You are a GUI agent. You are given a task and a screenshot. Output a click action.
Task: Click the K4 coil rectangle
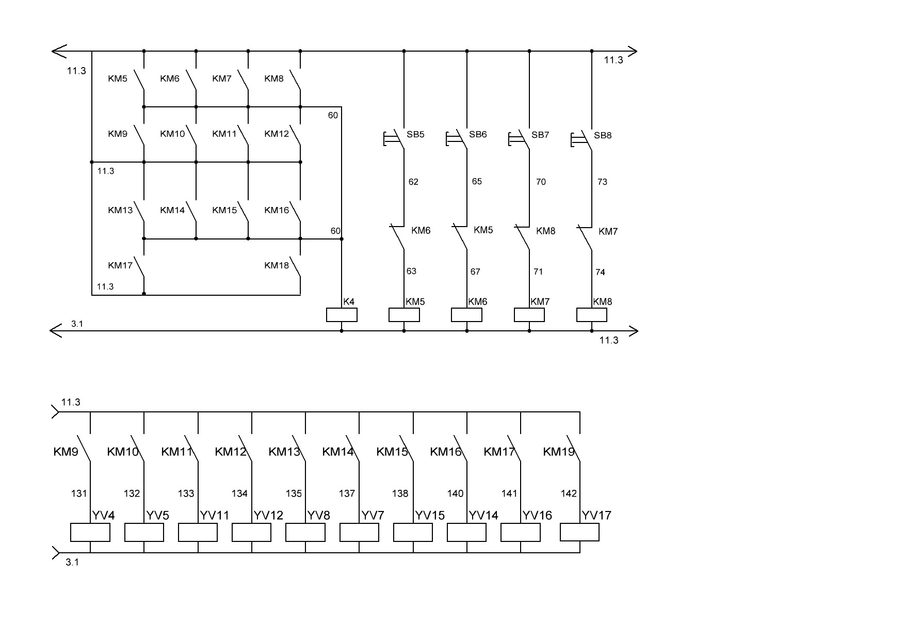pos(342,315)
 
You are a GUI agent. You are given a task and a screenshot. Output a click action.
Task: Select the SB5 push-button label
pos(415,135)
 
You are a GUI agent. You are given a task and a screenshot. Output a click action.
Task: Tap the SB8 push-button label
pos(603,136)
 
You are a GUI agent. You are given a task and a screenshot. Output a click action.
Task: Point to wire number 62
pos(413,182)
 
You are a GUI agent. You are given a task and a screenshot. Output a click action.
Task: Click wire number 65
pos(477,182)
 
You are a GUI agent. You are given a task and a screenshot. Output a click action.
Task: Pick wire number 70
pos(541,182)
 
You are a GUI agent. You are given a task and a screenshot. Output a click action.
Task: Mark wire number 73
pos(602,182)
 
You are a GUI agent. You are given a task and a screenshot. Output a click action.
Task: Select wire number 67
pos(475,271)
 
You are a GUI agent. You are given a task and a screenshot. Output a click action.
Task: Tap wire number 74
pos(600,272)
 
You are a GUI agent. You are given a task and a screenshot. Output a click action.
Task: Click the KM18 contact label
pos(277,266)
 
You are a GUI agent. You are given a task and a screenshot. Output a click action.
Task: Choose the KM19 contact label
pos(559,452)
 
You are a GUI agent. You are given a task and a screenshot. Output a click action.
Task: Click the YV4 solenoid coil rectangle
pos(90,533)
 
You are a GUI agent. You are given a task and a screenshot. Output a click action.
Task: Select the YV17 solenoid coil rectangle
pos(579,532)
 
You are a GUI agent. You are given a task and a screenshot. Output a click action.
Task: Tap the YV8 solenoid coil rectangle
pos(305,533)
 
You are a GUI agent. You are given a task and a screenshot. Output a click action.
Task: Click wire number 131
pos(79,494)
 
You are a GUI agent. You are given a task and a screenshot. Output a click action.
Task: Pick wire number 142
pos(569,494)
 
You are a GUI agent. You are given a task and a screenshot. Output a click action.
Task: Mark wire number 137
pos(347,494)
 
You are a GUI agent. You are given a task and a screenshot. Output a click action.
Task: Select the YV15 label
pos(430,516)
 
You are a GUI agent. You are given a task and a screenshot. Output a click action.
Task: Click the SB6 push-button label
pos(478,135)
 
